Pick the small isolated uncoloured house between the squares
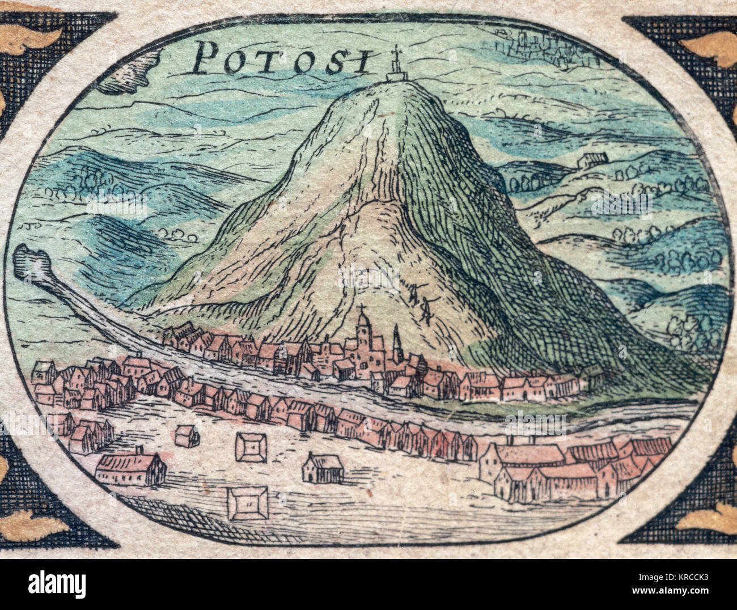point(323,468)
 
